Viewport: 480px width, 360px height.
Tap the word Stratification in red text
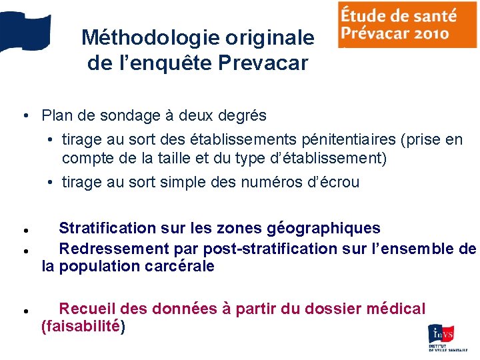107,228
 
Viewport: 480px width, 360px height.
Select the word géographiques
323,228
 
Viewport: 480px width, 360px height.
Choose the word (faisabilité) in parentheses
83,327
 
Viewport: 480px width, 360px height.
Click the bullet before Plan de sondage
24,115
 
